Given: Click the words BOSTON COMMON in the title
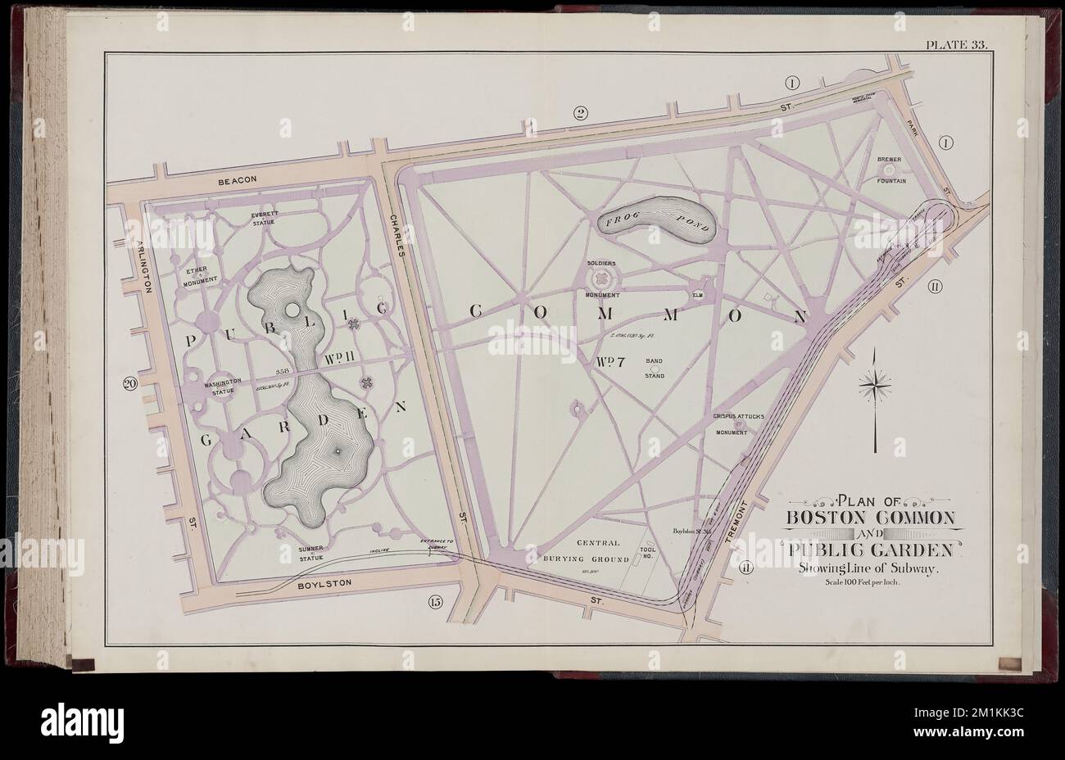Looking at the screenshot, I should click(x=870, y=518).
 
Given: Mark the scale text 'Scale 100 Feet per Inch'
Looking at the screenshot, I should click(x=869, y=584).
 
